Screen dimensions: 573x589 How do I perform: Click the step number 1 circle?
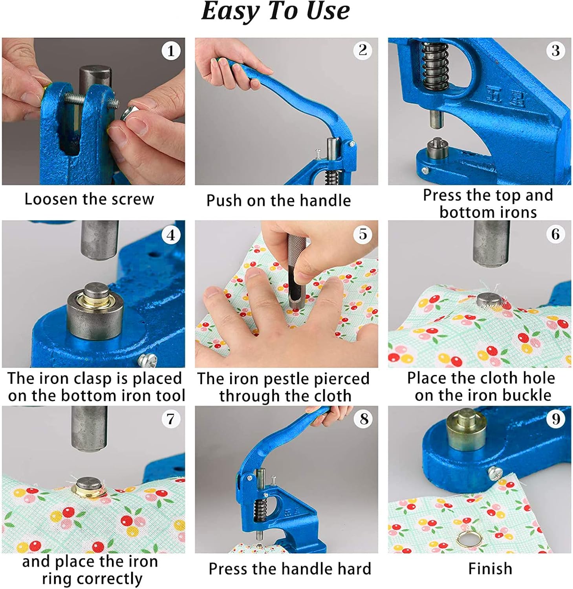[171, 51]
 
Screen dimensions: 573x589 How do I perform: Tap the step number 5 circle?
[363, 234]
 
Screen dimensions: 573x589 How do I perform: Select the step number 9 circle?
[556, 419]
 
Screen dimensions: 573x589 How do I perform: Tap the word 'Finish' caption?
[490, 569]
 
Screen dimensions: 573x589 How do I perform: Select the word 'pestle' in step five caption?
[284, 379]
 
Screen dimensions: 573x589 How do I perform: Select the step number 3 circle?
[555, 51]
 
